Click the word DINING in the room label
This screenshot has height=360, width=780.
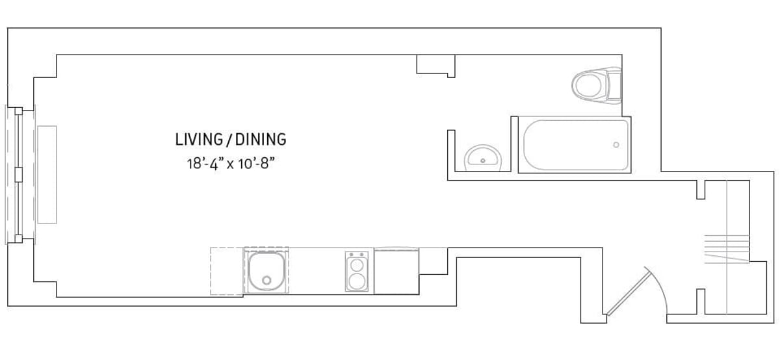261,139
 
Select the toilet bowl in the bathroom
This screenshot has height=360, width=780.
588,84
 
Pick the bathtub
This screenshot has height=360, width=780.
575,144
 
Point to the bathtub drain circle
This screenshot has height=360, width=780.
616,144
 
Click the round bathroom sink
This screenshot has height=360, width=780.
482,157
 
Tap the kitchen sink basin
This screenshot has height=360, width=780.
266,271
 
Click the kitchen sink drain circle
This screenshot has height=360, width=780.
266,281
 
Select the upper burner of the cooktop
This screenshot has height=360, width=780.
356,264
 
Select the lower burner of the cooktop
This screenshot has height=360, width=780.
356,281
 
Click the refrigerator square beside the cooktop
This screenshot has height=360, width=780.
396,272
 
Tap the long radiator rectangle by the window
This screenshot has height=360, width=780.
47,174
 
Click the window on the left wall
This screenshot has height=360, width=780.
18,174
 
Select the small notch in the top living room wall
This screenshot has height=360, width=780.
435,65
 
